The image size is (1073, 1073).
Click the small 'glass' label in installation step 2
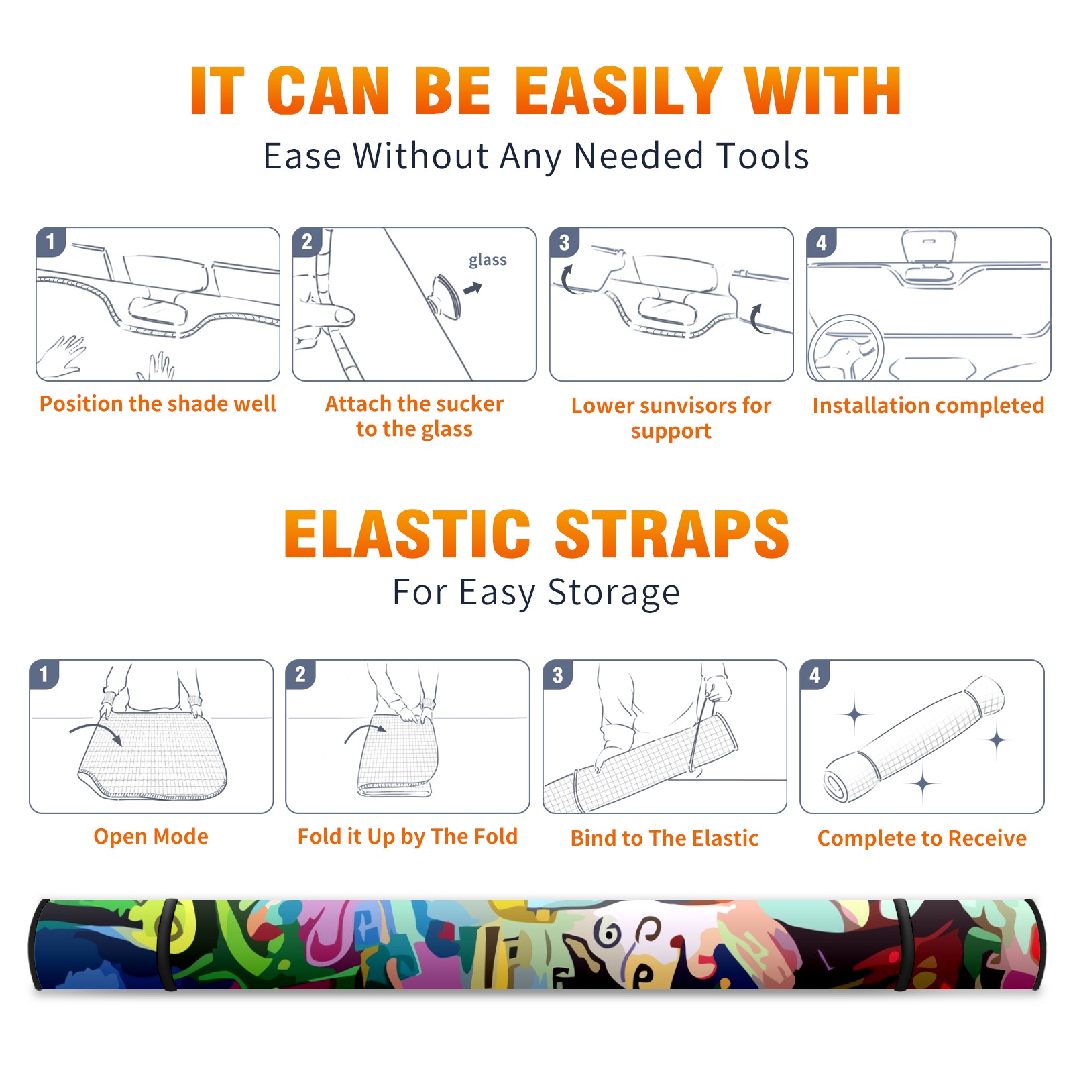488,260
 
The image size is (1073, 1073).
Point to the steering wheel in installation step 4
846,349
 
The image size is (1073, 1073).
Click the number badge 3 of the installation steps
565,242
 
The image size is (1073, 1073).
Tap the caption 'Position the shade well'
158,404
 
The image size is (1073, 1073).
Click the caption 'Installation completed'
928,405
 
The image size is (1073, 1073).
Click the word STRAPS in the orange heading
672,534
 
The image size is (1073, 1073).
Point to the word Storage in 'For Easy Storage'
614,593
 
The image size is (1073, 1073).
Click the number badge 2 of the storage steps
300,674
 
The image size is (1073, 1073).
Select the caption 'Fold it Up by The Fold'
408,836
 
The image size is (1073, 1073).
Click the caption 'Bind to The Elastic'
665,838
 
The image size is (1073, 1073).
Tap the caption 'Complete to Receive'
922,838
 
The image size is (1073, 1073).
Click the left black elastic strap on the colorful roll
168,944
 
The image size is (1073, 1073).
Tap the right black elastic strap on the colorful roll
903,944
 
